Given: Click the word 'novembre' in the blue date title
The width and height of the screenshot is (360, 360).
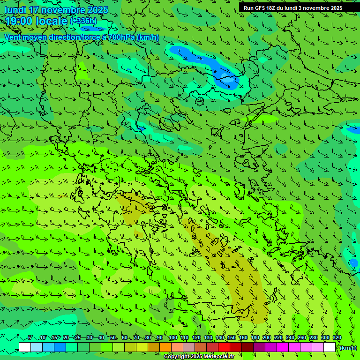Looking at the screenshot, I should pos(64,10).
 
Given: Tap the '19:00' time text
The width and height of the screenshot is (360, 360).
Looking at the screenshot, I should pos(19,21).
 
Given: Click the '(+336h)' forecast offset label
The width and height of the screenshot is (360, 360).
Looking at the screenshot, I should pos(83,21).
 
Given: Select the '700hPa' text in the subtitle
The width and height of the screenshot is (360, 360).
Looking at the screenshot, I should pos(121,37).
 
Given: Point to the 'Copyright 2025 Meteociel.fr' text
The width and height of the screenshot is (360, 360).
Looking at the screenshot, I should pos(199,357).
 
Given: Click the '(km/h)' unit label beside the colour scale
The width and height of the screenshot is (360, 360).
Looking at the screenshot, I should pos(348,348).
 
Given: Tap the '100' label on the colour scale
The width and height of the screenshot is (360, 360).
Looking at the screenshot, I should pos(173,338).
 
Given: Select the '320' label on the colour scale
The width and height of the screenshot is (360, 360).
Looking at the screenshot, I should pos(337,338).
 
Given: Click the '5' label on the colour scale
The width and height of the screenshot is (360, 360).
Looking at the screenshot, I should pos(30,338).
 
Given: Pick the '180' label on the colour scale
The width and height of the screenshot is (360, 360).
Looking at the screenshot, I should pos(255,338).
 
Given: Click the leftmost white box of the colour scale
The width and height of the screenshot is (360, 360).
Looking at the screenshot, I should pos(25,347).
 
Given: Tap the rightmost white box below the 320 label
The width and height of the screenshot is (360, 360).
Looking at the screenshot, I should pos(330,347).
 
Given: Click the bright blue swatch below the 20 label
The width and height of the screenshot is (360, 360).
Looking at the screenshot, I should pos(60,347).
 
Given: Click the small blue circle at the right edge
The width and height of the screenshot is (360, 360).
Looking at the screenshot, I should pos(353,262).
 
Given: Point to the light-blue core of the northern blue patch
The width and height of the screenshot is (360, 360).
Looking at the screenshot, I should pos(227,80).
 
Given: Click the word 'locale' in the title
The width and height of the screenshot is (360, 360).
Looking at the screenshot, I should pos(51,21).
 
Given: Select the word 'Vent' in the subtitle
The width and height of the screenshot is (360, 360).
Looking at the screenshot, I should pos(13,37).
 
